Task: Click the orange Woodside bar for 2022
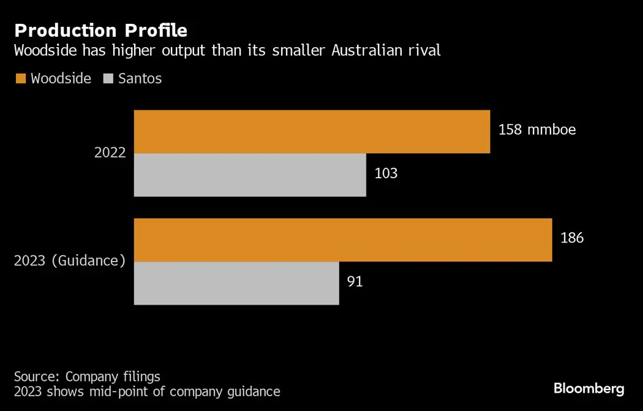point(312,132)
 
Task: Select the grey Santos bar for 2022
point(250,175)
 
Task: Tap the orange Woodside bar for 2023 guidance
point(343,239)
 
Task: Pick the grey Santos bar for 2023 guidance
point(236,283)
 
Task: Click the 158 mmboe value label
point(537,130)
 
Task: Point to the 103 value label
point(386,173)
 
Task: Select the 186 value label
point(572,238)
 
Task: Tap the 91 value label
point(355,282)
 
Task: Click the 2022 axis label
point(110,153)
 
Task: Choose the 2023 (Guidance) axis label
point(70,260)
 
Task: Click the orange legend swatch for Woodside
point(20,78)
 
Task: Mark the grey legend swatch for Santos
point(109,78)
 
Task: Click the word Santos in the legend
point(140,78)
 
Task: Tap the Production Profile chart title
point(100,30)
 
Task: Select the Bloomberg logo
point(588,388)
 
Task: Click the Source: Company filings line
point(87,376)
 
